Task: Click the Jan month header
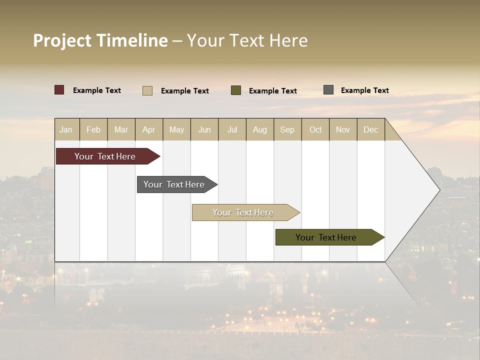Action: (x=66, y=129)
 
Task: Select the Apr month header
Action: (x=149, y=129)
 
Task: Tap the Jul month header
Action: (x=232, y=129)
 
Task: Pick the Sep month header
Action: (x=287, y=129)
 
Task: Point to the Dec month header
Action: (x=370, y=129)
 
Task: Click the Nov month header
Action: (x=343, y=129)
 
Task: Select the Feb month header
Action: (x=93, y=129)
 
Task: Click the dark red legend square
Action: (x=59, y=90)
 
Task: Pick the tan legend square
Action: (x=147, y=90)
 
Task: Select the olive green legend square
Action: (x=236, y=90)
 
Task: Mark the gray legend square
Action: (x=328, y=90)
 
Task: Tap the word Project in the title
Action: (x=62, y=40)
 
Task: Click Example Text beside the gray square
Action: (x=364, y=90)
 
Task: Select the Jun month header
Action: (x=204, y=129)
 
